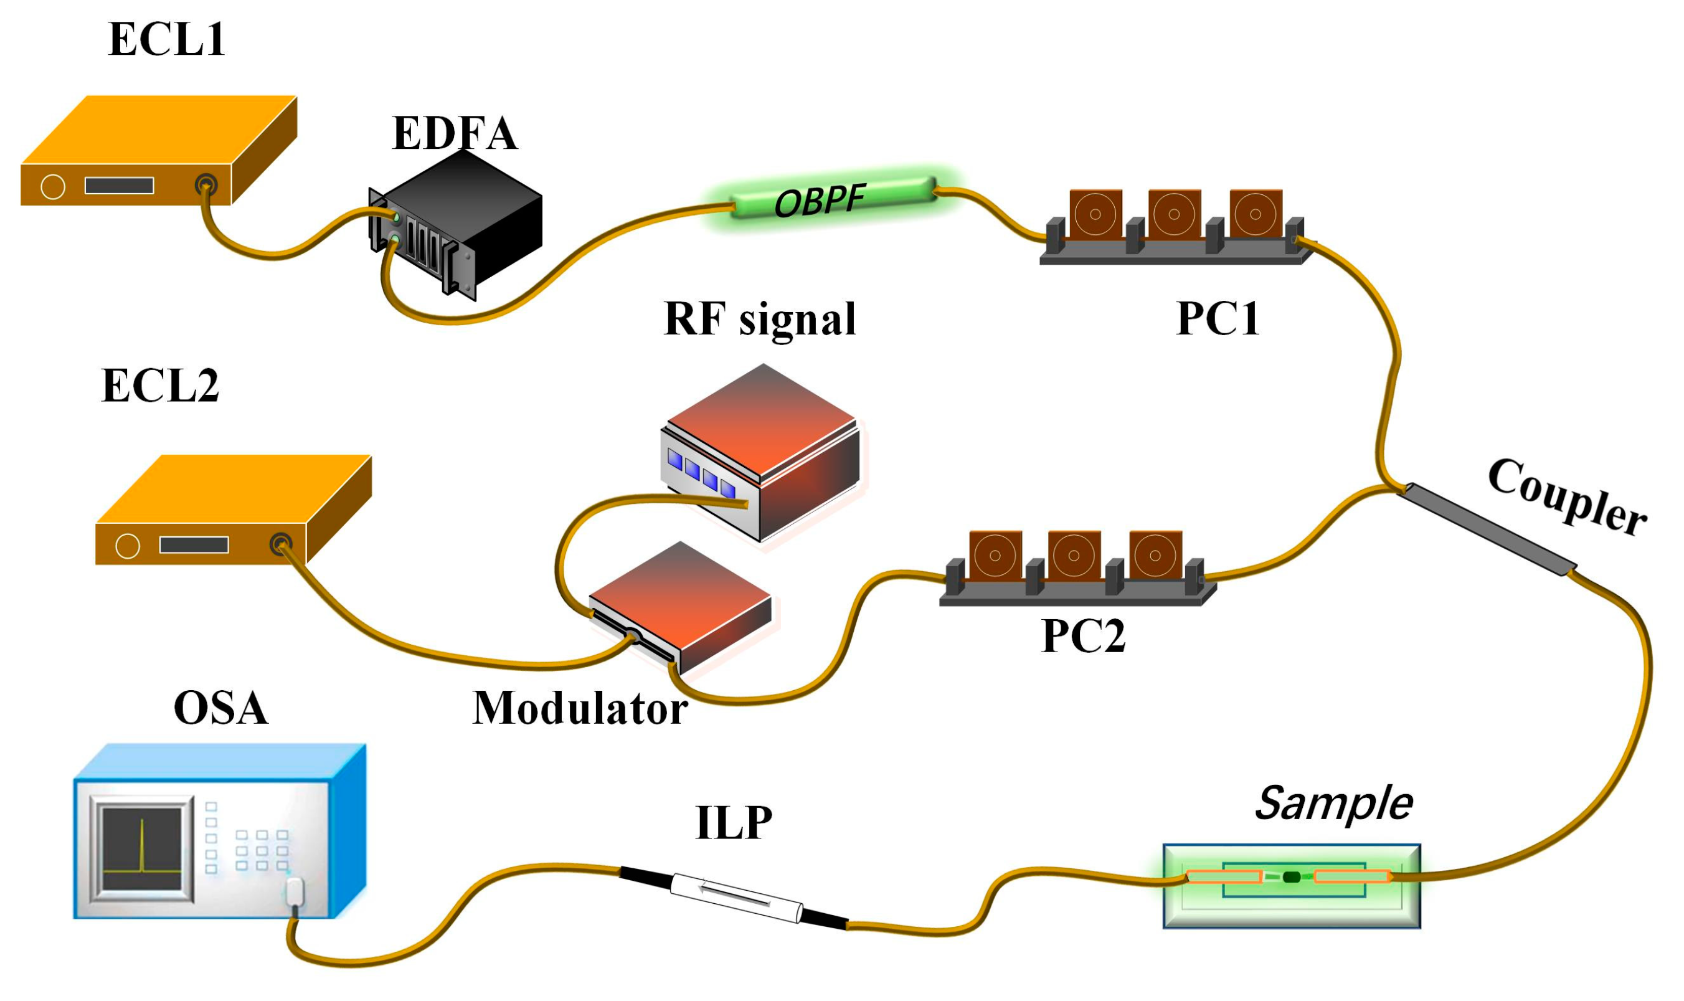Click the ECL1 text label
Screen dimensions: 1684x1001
166,39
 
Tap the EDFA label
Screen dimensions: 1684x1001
455,133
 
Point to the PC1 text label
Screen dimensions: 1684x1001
1218,318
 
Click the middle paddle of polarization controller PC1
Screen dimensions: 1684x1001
1174,214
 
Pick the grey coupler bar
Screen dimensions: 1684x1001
1487,529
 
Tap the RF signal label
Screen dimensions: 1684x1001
759,319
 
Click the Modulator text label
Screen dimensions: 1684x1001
579,709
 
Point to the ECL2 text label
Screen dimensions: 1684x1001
160,386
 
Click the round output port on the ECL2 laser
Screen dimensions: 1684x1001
280,544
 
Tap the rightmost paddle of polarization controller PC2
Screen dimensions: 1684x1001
1155,556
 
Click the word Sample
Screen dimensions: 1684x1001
1333,804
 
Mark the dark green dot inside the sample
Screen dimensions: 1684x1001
1291,877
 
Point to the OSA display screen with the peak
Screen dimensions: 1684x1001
141,849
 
